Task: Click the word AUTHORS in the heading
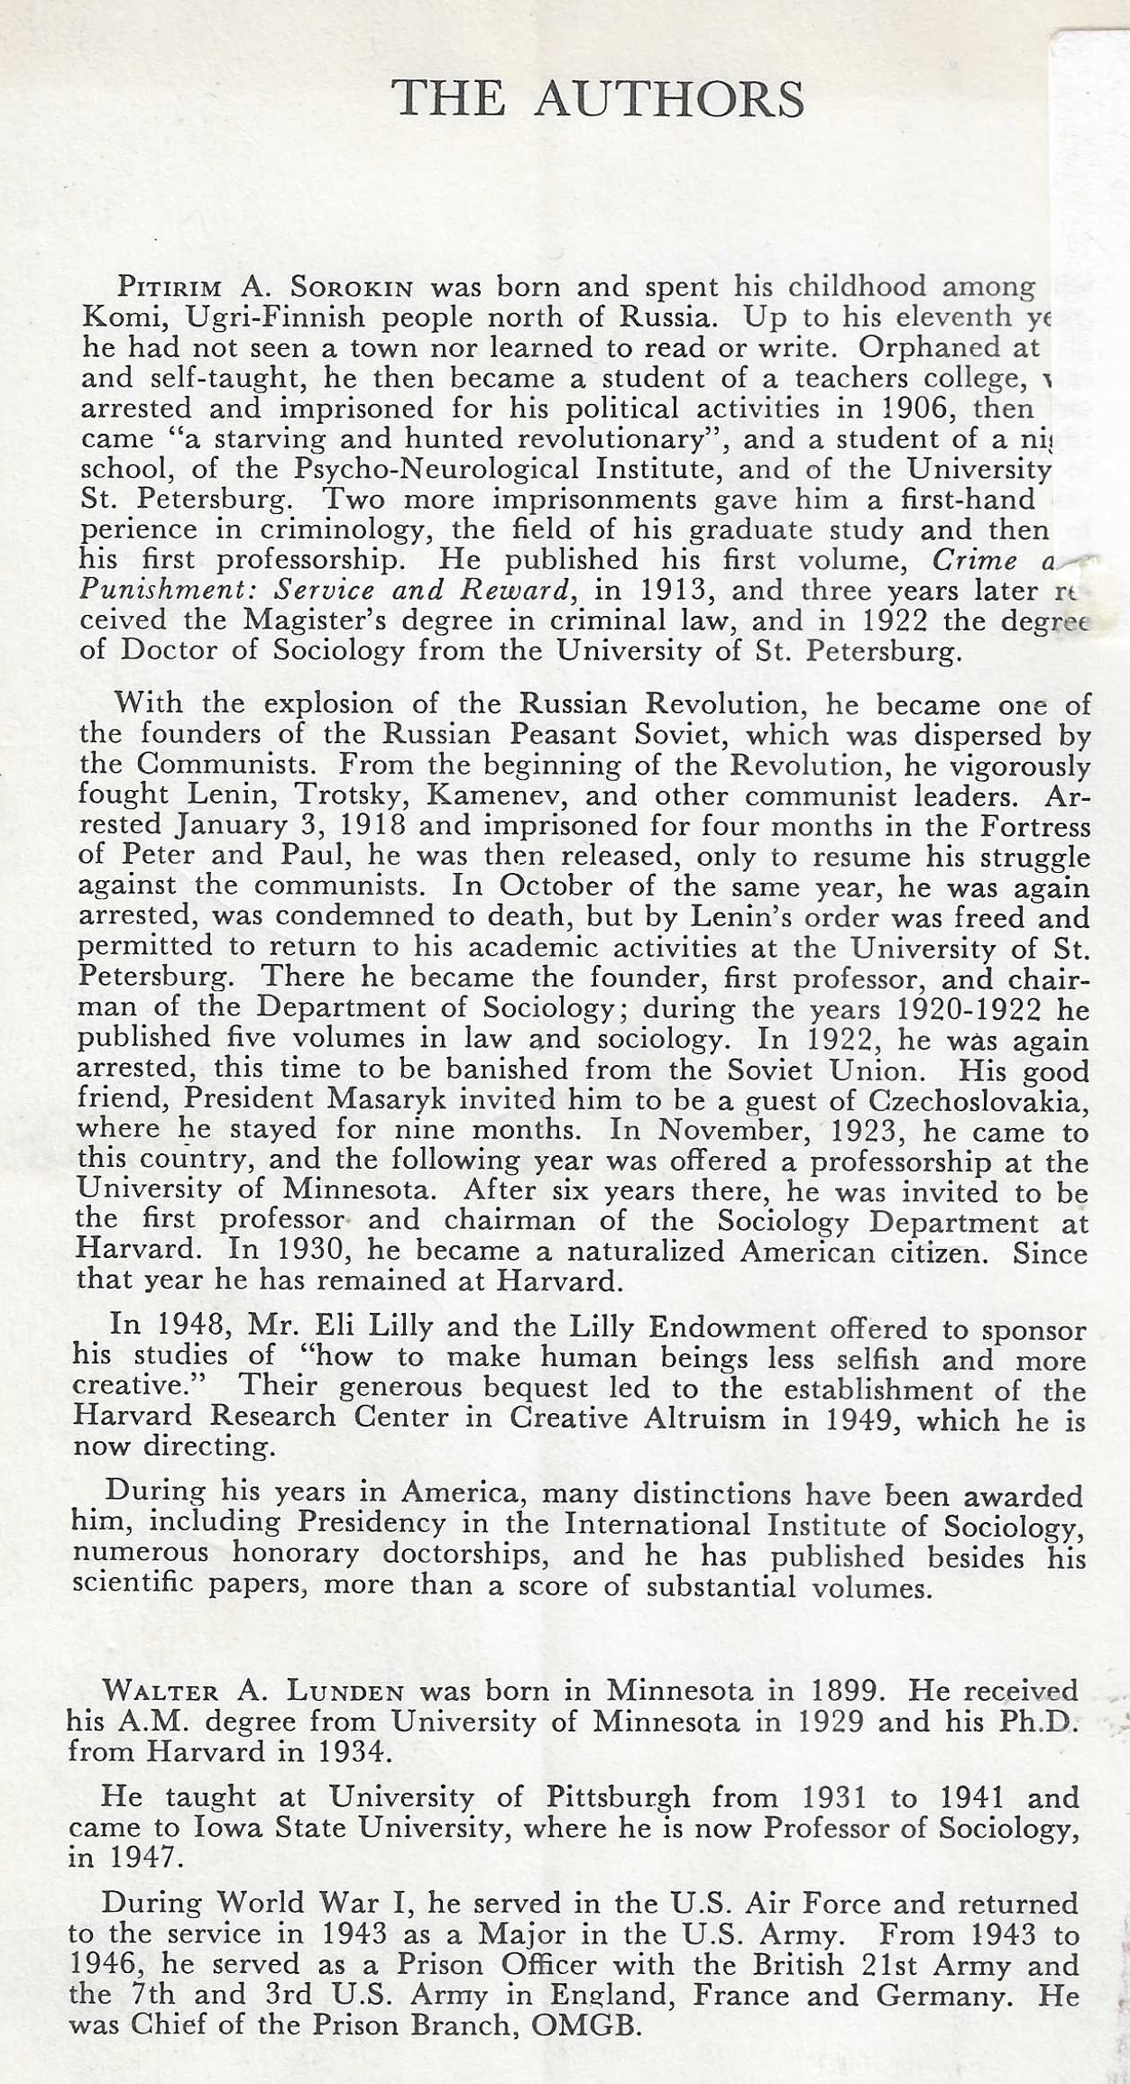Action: tap(668, 98)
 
